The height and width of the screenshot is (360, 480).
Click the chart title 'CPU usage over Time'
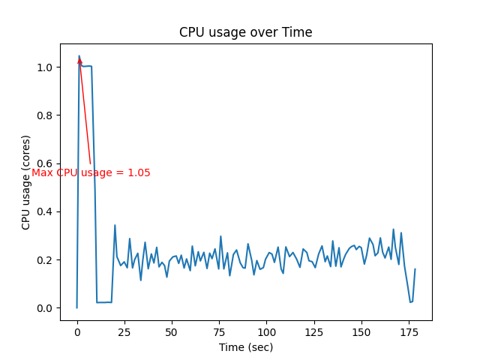(x=245, y=32)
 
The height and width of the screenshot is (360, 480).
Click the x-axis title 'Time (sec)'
(x=245, y=347)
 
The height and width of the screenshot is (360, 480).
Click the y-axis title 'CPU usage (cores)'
(x=26, y=182)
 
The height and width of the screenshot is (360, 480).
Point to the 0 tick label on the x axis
(x=77, y=332)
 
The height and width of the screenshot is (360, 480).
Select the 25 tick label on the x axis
(x=124, y=332)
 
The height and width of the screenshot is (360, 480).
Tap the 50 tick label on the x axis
(x=172, y=332)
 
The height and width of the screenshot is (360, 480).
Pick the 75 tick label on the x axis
(x=220, y=332)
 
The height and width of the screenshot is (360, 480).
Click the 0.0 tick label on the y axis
(x=46, y=308)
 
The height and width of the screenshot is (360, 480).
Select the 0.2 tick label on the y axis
(x=46, y=260)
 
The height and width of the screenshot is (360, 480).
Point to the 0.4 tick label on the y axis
(x=46, y=211)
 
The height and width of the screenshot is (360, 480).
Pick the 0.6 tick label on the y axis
(x=46, y=163)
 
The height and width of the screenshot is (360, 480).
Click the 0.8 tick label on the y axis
(x=46, y=115)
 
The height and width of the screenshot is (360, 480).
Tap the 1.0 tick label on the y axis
(x=46, y=67)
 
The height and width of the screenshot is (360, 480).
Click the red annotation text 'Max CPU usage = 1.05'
(x=91, y=173)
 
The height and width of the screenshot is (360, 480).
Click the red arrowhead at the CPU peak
(x=79, y=61)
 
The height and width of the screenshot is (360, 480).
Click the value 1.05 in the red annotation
(x=139, y=173)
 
